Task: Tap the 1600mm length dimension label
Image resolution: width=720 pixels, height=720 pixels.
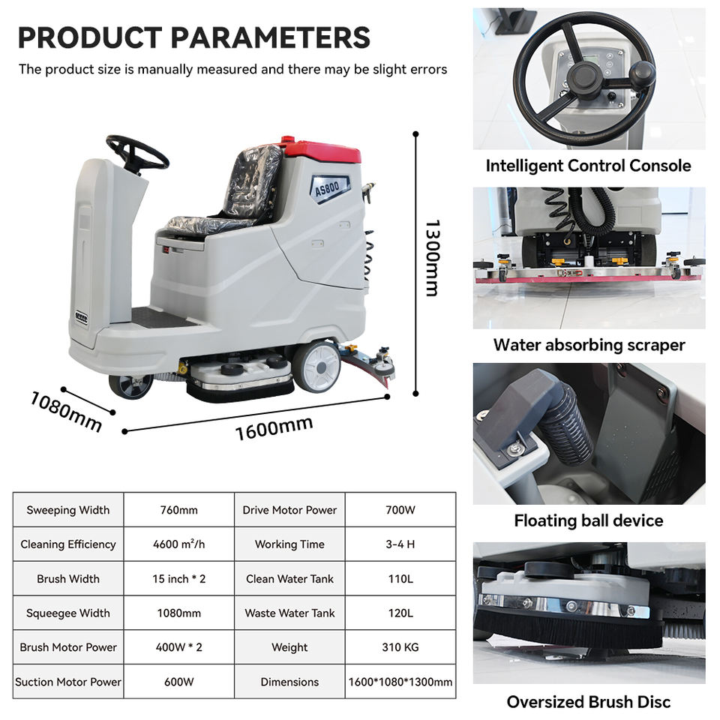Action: tap(274, 428)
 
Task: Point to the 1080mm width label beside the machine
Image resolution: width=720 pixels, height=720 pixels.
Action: tap(66, 412)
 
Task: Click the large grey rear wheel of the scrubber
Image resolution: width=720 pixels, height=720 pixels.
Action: tap(318, 367)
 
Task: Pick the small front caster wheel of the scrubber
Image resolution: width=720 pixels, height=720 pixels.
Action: tap(130, 385)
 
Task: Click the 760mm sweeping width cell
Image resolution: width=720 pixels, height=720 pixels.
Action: tap(179, 510)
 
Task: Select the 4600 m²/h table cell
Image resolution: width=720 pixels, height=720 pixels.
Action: tap(179, 544)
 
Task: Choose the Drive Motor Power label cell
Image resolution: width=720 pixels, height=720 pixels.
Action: tap(289, 510)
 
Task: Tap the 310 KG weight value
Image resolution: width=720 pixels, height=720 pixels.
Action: tap(400, 647)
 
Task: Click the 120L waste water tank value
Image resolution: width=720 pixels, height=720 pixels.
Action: tap(400, 613)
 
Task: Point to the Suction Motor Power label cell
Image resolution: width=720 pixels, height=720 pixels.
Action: tap(68, 682)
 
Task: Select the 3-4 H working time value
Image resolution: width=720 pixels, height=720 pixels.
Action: tap(400, 544)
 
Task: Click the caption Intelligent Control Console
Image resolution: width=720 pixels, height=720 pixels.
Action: tap(588, 166)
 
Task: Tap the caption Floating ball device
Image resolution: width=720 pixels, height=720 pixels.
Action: tap(589, 520)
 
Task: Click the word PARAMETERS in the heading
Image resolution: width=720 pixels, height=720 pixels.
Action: tap(271, 37)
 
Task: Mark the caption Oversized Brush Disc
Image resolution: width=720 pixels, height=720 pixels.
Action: tap(589, 702)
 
